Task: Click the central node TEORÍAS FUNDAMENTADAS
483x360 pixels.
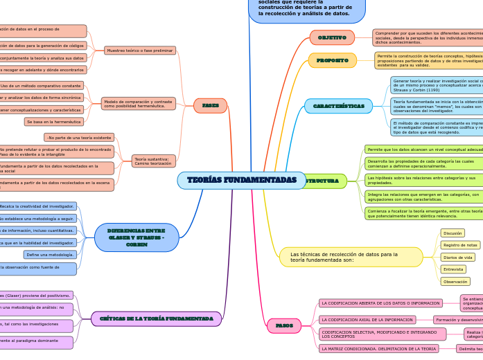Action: pos(241,180)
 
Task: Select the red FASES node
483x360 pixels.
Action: pos(210,106)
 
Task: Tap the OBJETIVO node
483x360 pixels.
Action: pos(332,37)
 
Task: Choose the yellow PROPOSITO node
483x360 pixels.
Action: pos(333,60)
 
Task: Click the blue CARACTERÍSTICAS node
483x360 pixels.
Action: pos(338,106)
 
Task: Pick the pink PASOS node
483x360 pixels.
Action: pos(284,325)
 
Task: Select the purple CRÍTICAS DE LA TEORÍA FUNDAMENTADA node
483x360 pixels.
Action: pos(156,318)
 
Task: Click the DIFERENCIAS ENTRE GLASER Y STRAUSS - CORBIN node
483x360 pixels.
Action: pos(137,237)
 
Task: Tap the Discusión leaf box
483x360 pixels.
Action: pos(453,233)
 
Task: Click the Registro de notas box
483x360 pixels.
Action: pos(460,245)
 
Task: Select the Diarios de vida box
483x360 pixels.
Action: pos(457,257)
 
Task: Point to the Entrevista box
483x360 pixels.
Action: pos(453,269)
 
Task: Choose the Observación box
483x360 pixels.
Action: pos(455,282)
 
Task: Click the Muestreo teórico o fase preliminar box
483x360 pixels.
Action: pos(140,51)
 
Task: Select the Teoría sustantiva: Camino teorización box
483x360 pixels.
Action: pos(153,161)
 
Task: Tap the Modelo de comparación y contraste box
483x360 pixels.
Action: pos(139,104)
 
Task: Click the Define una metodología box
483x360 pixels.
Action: pos(50,255)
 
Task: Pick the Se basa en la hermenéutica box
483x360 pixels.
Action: pos(54,122)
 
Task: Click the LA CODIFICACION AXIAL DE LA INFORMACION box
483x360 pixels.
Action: pos(367,320)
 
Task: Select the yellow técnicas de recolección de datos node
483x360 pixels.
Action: pos(351,257)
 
